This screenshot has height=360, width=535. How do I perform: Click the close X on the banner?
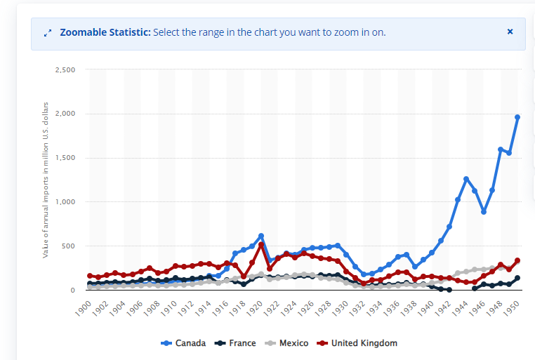(x=510, y=32)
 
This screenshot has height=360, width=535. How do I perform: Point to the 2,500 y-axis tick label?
(x=64, y=70)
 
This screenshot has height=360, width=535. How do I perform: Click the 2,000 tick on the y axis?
(x=64, y=114)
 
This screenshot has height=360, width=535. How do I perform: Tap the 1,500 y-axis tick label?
(x=64, y=158)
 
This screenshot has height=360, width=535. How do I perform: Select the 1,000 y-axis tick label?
(x=64, y=202)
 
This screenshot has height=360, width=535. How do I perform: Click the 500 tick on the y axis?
(x=67, y=246)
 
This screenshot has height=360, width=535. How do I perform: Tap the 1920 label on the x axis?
(x=255, y=306)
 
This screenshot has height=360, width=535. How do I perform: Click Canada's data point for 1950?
(x=517, y=117)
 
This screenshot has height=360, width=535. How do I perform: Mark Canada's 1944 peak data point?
(x=466, y=179)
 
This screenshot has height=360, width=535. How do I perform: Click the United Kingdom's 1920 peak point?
(x=261, y=245)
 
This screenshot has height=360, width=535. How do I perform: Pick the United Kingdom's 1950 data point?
(x=517, y=260)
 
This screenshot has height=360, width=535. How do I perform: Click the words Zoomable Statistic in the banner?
(x=105, y=32)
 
